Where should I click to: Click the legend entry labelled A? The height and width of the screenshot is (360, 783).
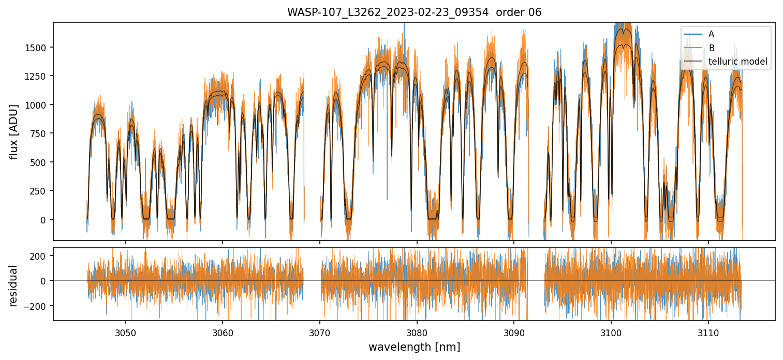(711, 34)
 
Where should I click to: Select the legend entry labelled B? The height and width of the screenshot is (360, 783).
(711, 48)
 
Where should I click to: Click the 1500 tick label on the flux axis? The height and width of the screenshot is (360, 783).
(38, 48)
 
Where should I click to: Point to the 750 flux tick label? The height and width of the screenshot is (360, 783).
(40, 133)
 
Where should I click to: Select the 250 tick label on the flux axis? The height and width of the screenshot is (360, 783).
(40, 191)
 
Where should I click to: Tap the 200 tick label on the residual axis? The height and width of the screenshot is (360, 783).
(40, 256)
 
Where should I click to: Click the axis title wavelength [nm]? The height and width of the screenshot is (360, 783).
(414, 347)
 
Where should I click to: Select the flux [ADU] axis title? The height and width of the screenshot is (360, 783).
(13, 131)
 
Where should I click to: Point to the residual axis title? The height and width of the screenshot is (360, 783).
(13, 286)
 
